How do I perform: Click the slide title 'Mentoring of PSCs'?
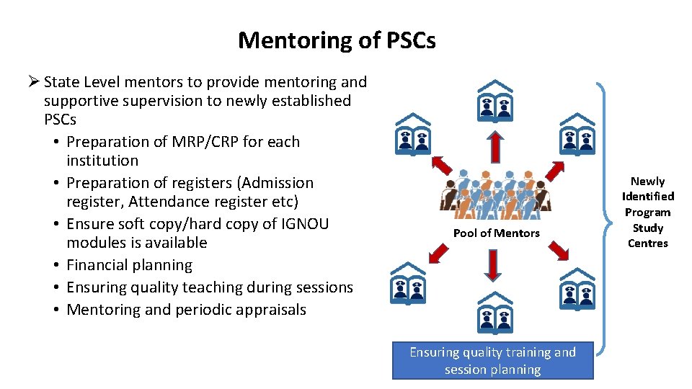(x=337, y=40)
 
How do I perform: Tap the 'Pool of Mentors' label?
(x=496, y=233)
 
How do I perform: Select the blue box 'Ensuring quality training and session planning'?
(x=493, y=360)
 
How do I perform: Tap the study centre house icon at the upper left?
(x=412, y=134)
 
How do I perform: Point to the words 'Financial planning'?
(x=130, y=265)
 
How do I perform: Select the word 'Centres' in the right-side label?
(x=647, y=243)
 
